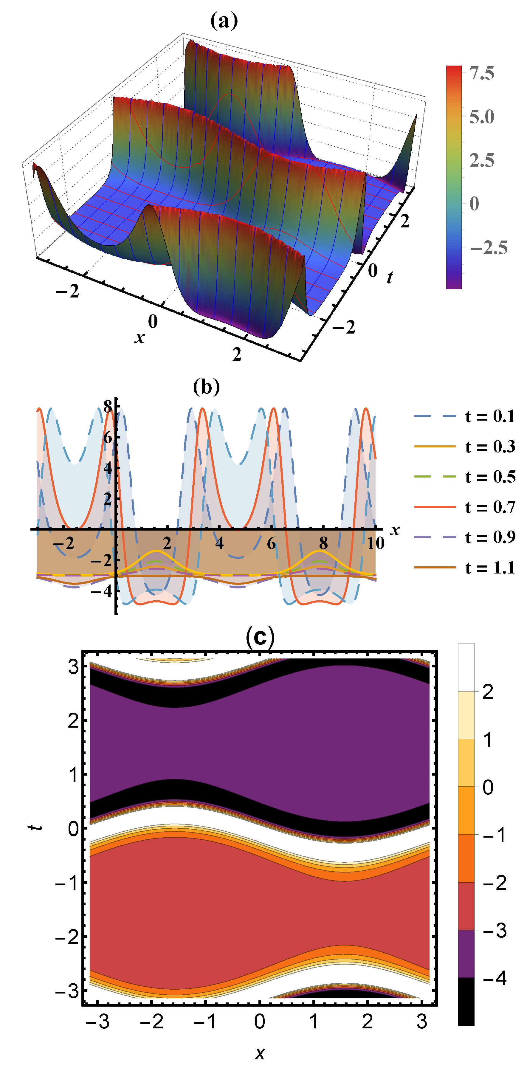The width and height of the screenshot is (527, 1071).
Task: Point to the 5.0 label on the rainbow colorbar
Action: [x=482, y=117]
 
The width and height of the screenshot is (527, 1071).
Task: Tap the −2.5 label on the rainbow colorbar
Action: [x=488, y=248]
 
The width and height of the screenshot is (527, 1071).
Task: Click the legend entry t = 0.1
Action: [x=490, y=416]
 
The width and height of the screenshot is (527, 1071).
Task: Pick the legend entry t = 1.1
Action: [x=490, y=568]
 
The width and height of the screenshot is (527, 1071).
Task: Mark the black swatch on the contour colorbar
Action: [x=466, y=1001]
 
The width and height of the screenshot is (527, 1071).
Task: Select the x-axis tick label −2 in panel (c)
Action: [x=151, y=1022]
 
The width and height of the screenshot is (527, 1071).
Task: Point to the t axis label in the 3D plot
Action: [x=389, y=277]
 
